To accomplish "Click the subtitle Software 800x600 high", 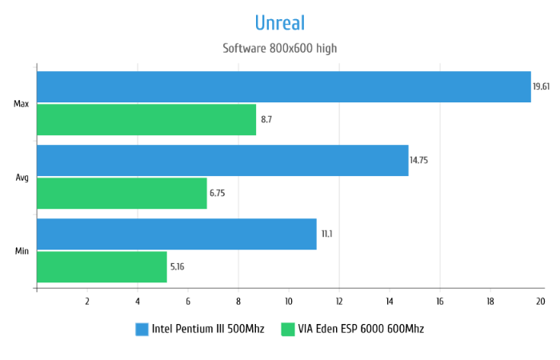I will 280,48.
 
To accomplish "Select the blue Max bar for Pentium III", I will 283,86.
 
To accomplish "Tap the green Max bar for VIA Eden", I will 146,119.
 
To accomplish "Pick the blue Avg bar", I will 222,160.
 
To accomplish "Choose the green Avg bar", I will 122,193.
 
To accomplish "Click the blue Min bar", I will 176,234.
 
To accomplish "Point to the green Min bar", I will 102,266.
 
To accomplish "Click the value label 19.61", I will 542,86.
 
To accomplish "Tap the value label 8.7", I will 266,119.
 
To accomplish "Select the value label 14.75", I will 419,160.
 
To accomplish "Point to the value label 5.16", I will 178,266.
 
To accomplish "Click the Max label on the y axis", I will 22,104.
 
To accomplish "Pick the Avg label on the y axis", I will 22,178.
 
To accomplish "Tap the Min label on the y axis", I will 22,251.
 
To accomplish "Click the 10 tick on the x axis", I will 288,301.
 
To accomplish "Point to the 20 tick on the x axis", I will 540,301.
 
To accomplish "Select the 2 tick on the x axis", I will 86,301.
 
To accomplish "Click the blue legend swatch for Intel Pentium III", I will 142,329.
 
